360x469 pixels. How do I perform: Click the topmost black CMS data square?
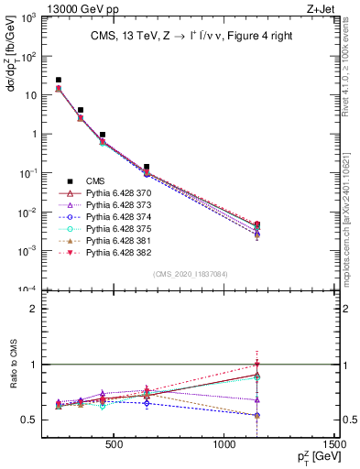[x=59, y=81]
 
